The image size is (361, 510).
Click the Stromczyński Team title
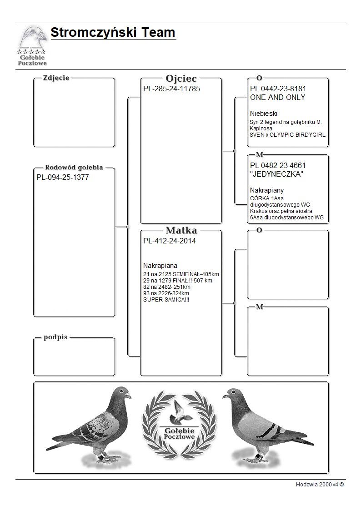click(x=113, y=33)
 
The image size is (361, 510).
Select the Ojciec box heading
click(x=181, y=78)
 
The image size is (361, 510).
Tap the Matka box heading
click(x=181, y=230)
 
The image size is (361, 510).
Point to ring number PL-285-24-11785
click(x=171, y=89)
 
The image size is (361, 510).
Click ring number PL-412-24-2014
click(x=169, y=241)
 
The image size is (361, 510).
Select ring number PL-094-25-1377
click(x=62, y=178)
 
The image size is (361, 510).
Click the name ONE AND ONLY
click(x=277, y=98)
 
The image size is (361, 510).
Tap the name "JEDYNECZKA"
click(x=276, y=174)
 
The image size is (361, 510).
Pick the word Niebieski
click(x=264, y=114)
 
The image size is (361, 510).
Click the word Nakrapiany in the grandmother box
click(x=267, y=190)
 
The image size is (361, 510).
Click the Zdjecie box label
click(x=56, y=78)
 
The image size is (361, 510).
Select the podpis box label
click(x=55, y=338)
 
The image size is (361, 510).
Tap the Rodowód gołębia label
click(x=74, y=168)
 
